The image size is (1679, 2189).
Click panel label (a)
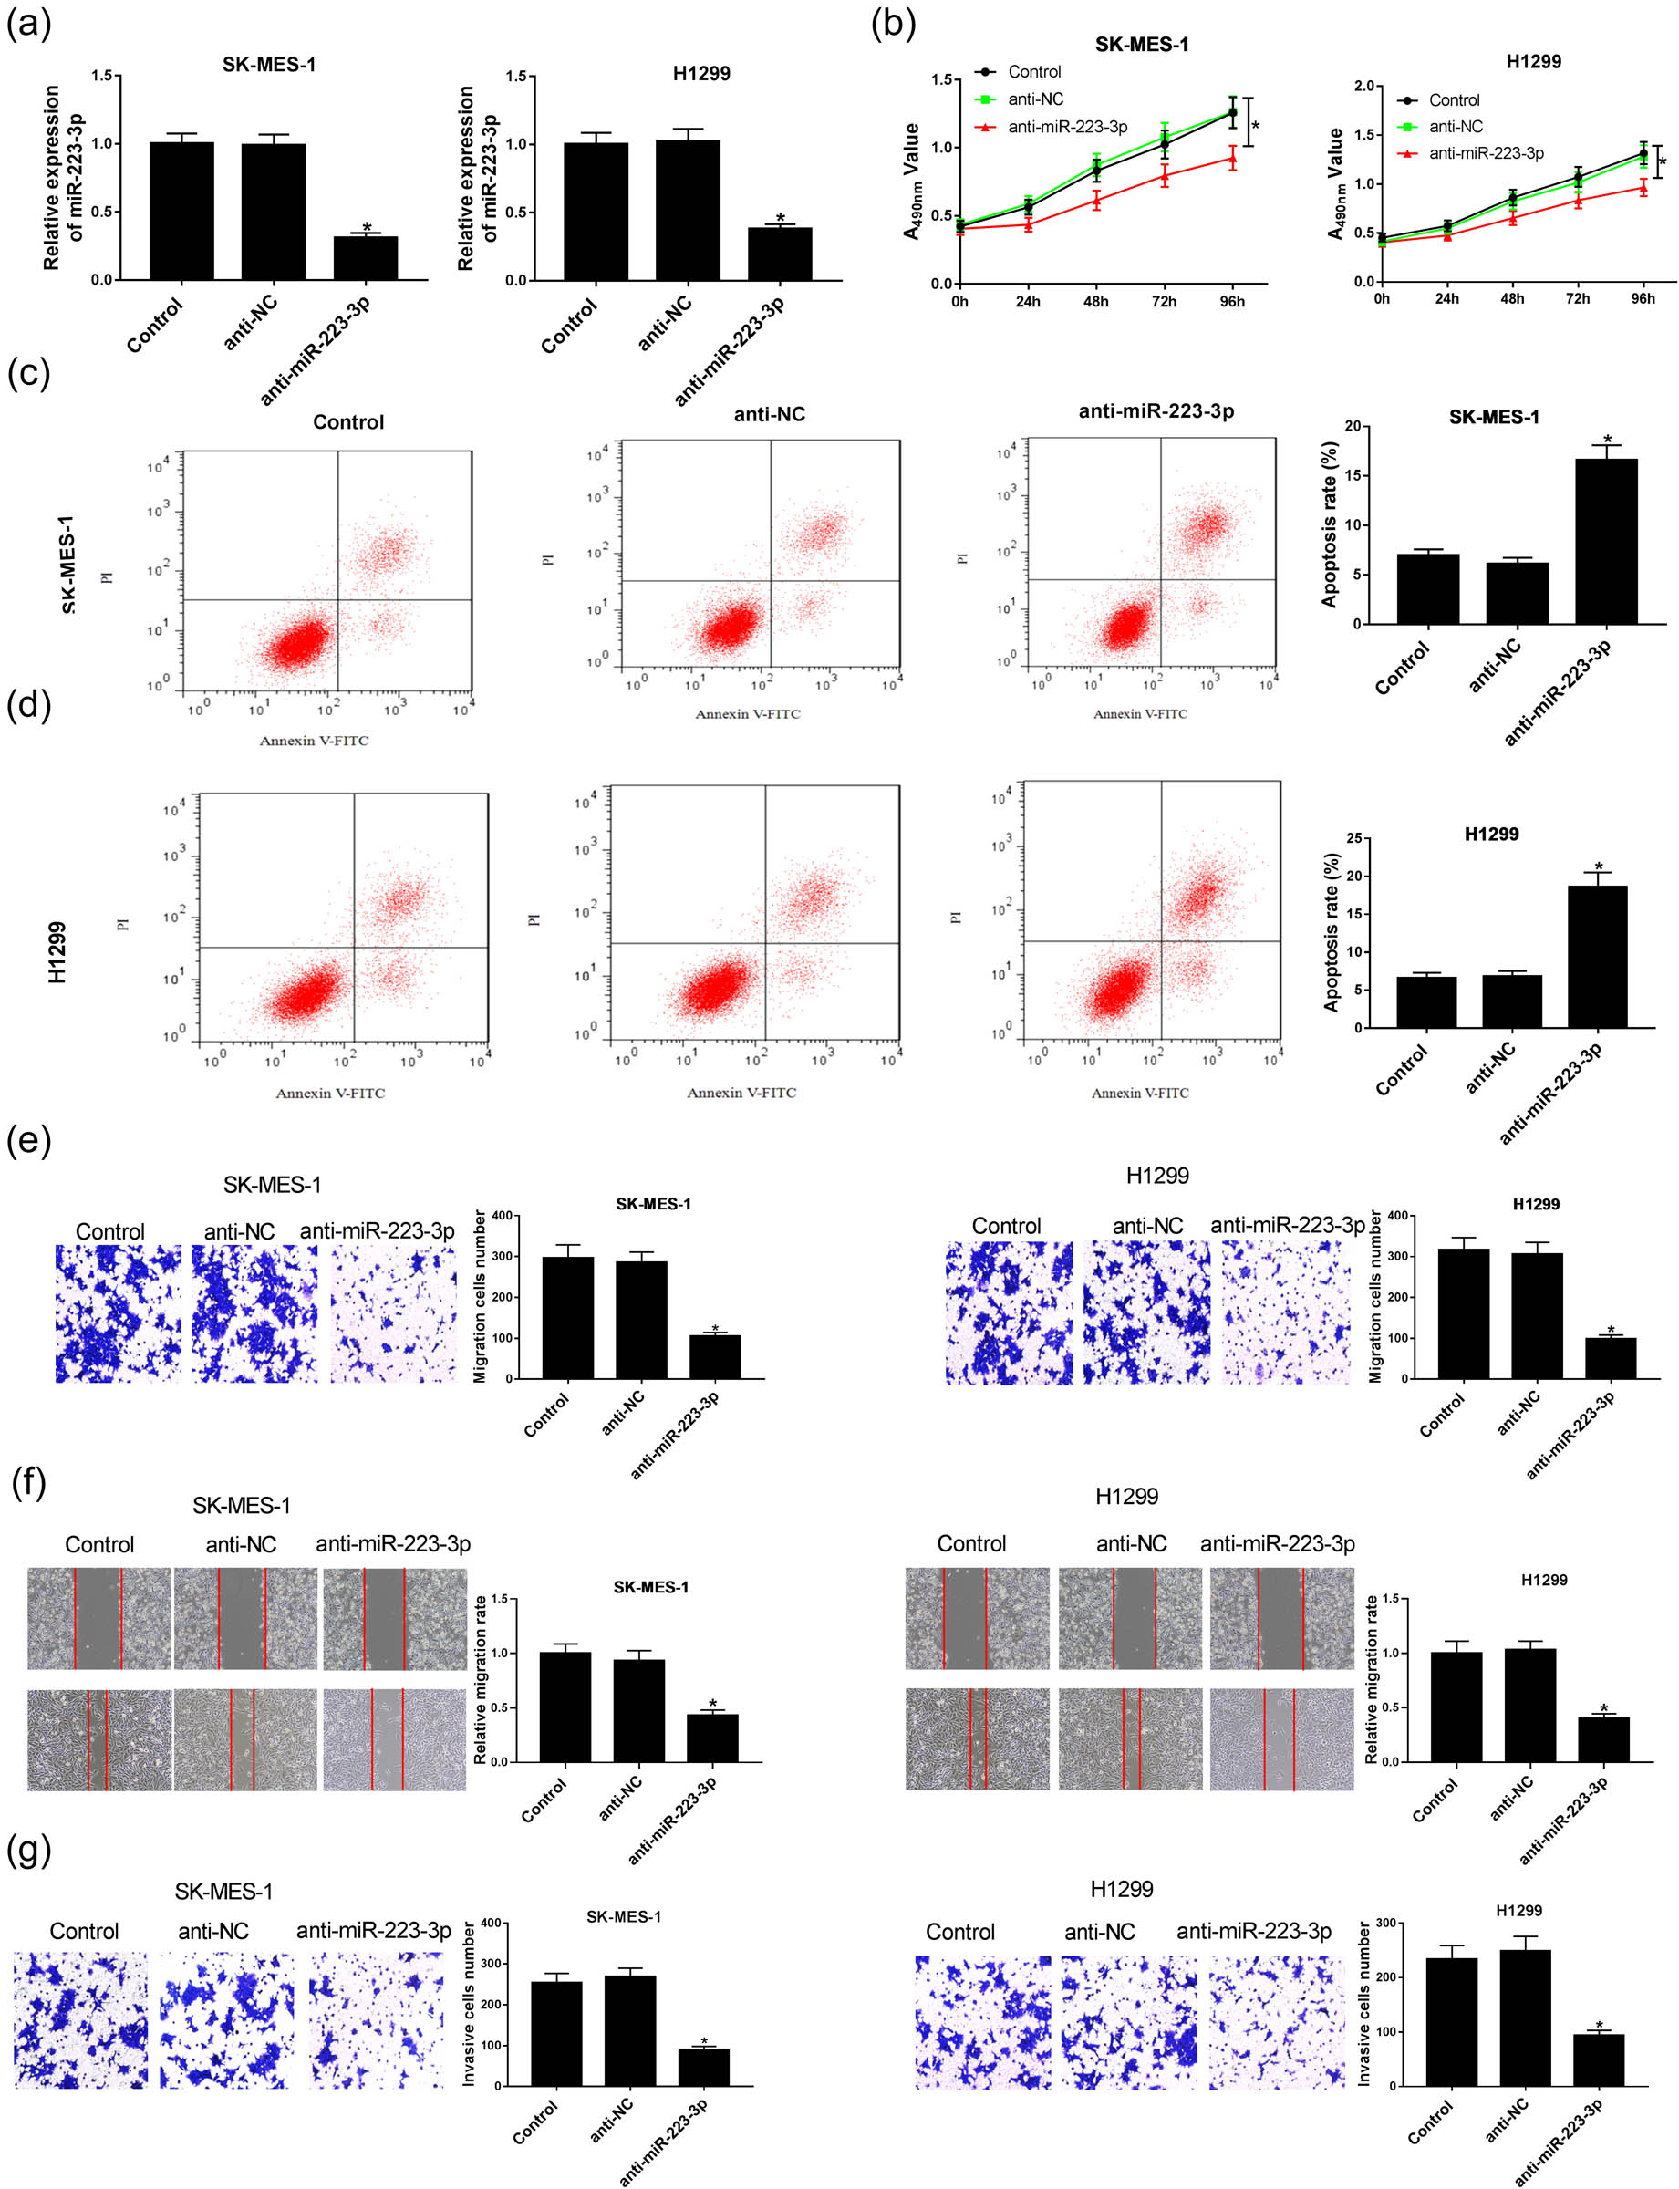click(28, 22)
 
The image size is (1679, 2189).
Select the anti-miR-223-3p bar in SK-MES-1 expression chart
click(365, 258)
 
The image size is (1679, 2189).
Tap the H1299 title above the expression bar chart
click(700, 73)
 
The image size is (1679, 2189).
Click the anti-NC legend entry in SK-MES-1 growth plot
click(1034, 99)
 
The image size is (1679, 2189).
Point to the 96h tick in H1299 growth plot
click(1643, 299)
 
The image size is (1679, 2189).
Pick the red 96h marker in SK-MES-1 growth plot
click(1232, 158)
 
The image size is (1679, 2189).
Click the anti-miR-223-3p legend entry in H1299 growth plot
click(1485, 153)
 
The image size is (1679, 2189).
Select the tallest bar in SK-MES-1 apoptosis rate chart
click(1606, 541)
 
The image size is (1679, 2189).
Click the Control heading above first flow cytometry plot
click(347, 421)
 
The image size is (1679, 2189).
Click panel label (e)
click(28, 1139)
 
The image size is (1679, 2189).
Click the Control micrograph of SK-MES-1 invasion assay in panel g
click(80, 2021)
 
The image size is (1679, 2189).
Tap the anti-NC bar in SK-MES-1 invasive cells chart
click(629, 2029)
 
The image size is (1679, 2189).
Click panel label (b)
click(893, 22)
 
